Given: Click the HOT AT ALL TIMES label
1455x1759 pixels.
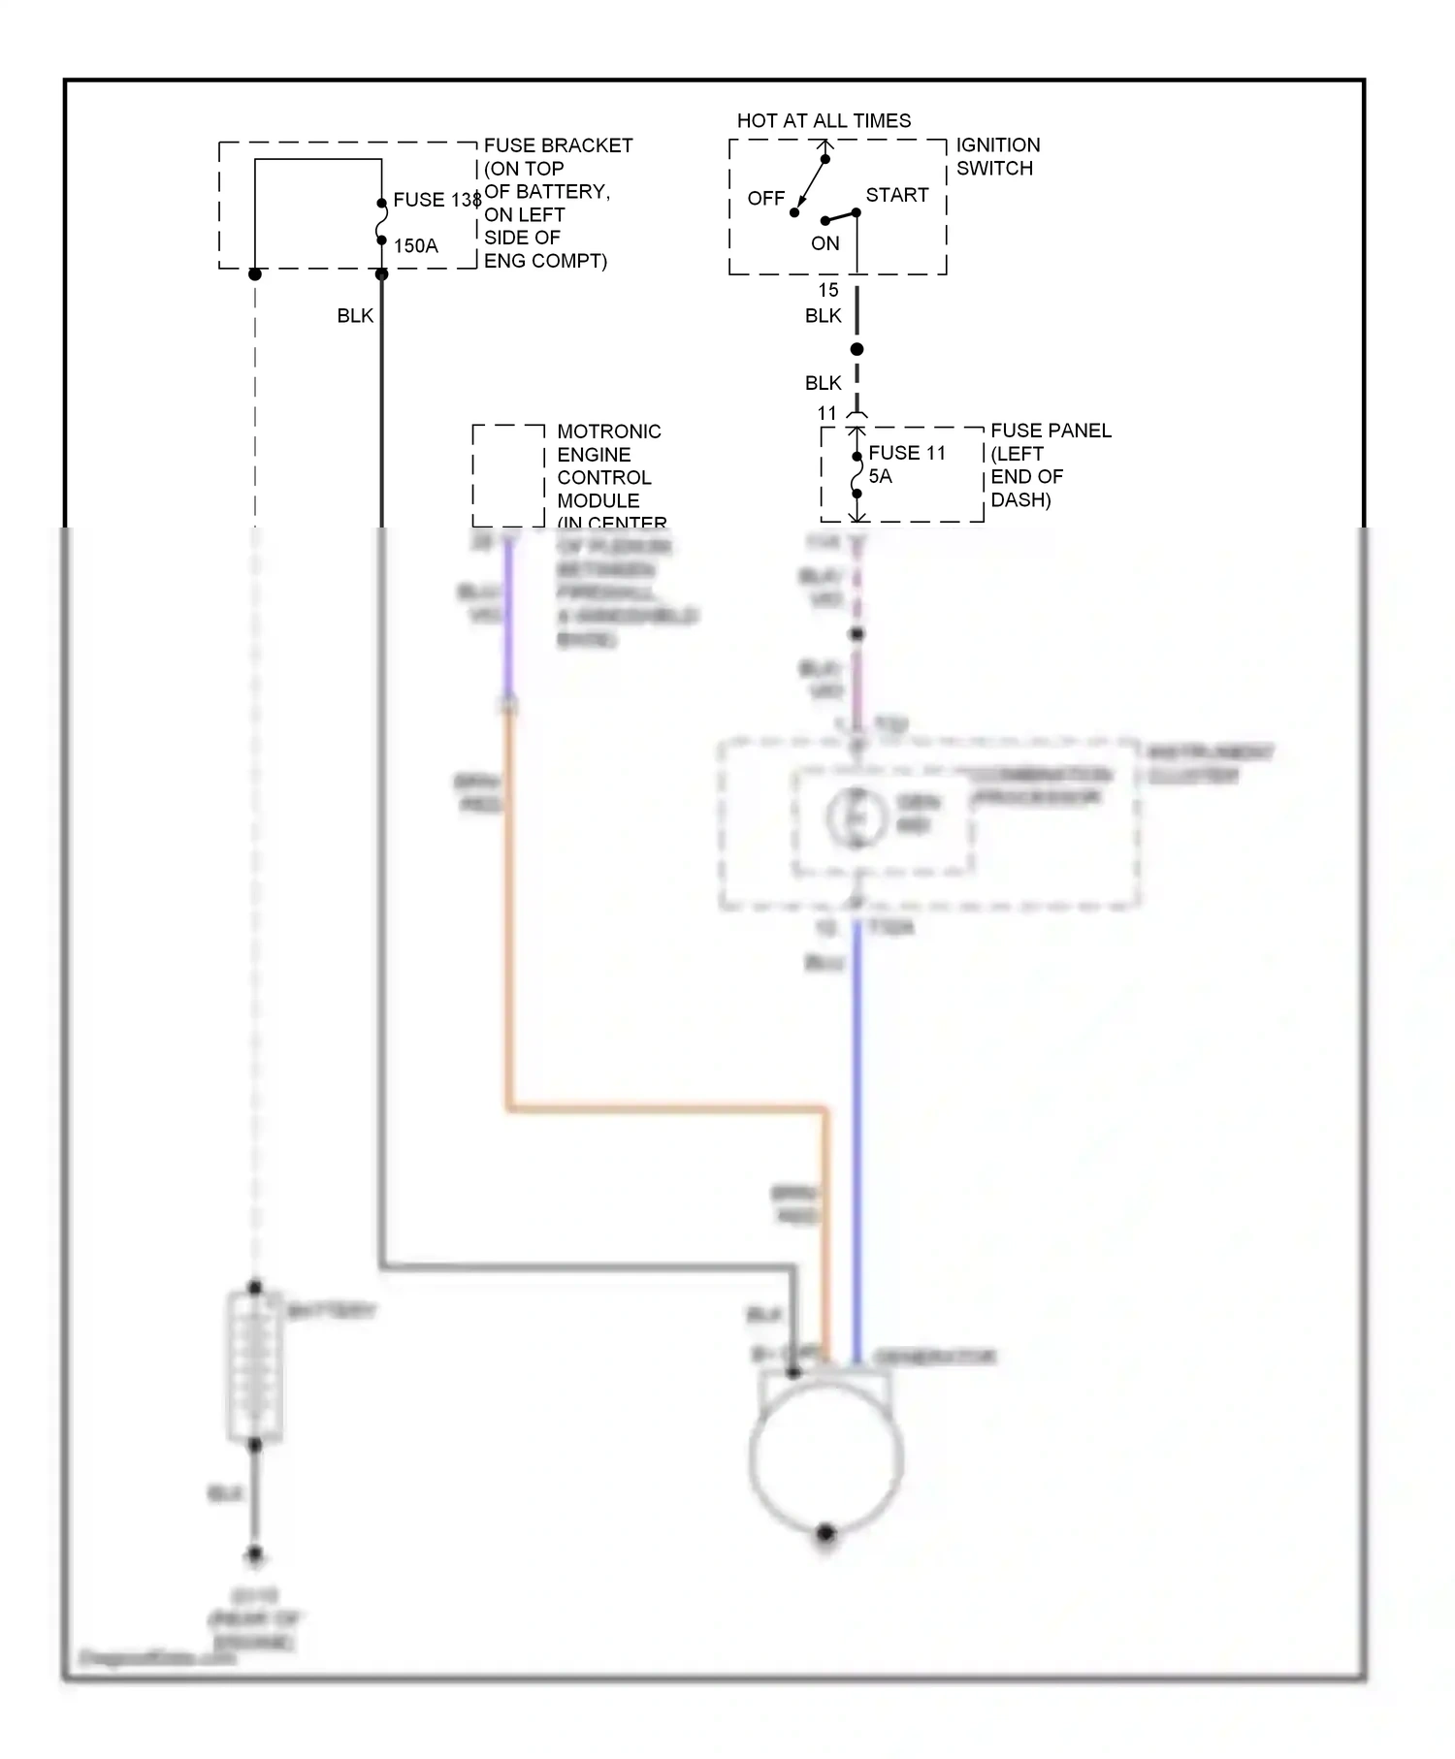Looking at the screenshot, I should click(824, 121).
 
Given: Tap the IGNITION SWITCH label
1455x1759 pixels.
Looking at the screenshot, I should click(997, 156).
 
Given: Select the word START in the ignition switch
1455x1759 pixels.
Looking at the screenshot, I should click(896, 195).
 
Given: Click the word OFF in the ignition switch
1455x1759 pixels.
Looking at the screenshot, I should click(765, 199).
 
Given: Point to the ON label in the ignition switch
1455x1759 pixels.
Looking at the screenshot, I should click(824, 243).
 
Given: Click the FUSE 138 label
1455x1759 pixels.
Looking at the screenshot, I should click(436, 200).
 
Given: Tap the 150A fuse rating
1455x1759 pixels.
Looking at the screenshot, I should click(415, 246).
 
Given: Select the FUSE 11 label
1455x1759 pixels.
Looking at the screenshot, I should click(906, 453).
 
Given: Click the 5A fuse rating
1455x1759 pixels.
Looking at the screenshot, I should click(880, 477).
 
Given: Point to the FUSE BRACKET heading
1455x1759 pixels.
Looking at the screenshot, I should click(558, 145).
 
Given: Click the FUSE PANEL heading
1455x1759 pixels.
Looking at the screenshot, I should click(1051, 431).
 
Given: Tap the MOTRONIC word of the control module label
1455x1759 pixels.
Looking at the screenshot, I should click(608, 432).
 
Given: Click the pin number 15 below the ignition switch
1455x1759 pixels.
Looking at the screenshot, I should click(827, 290).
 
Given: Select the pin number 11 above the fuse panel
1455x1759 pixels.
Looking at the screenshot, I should click(826, 414).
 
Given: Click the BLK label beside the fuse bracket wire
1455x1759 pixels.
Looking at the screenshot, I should click(355, 316).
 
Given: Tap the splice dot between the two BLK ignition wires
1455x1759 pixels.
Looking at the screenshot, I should click(857, 349).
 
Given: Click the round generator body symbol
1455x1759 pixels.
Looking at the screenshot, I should click(825, 1457).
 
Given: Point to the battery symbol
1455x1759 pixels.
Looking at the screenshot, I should click(255, 1366).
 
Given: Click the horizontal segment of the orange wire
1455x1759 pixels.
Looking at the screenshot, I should click(669, 1106).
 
